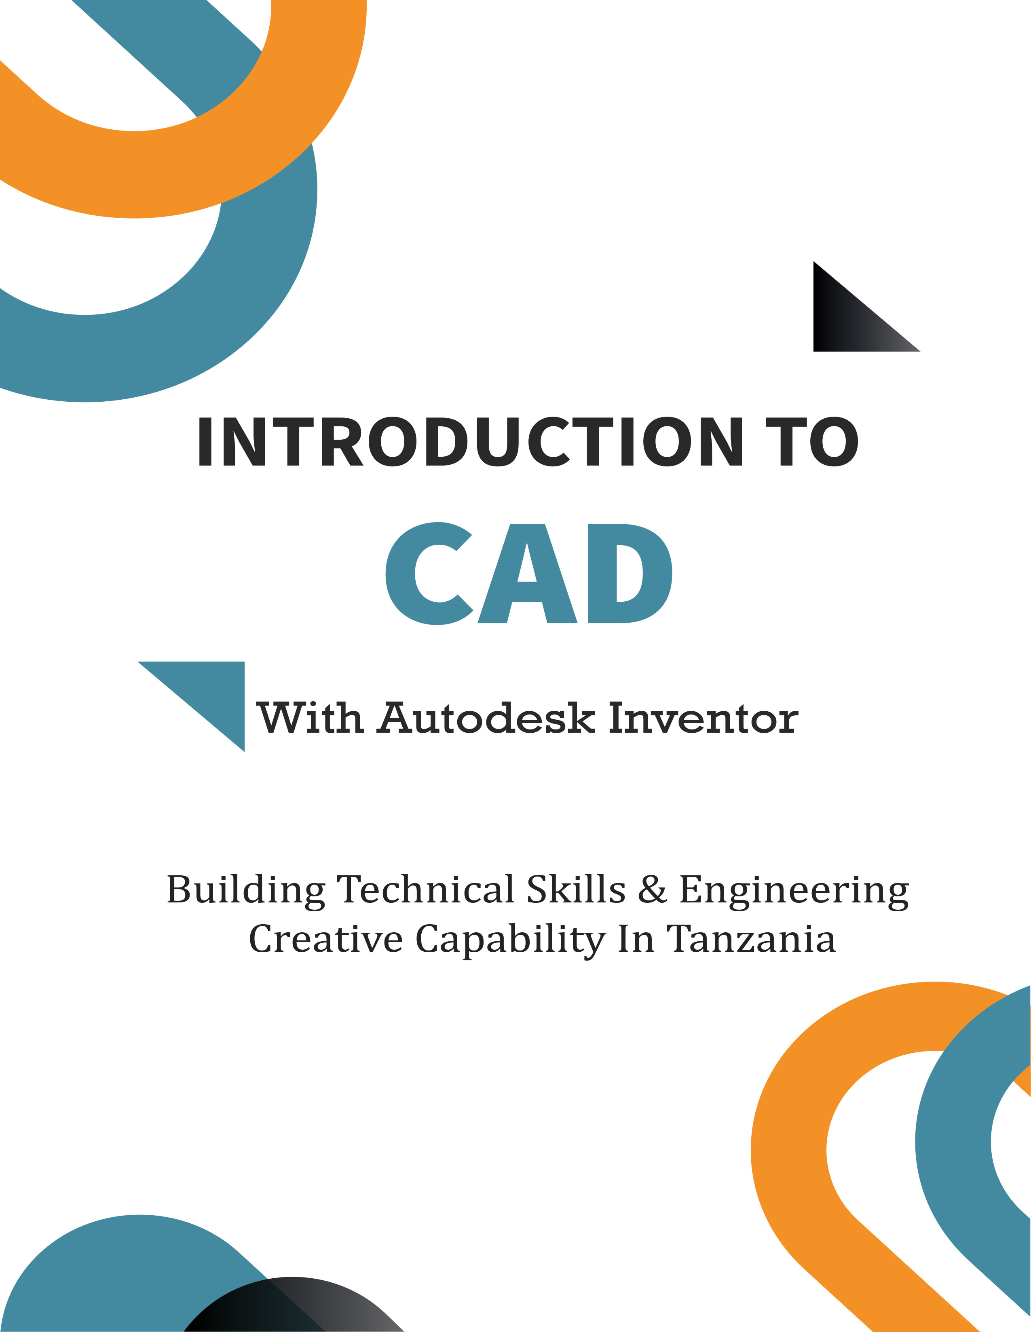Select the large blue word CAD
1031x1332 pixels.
coord(529,573)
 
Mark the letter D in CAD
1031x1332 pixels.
coord(630,574)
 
